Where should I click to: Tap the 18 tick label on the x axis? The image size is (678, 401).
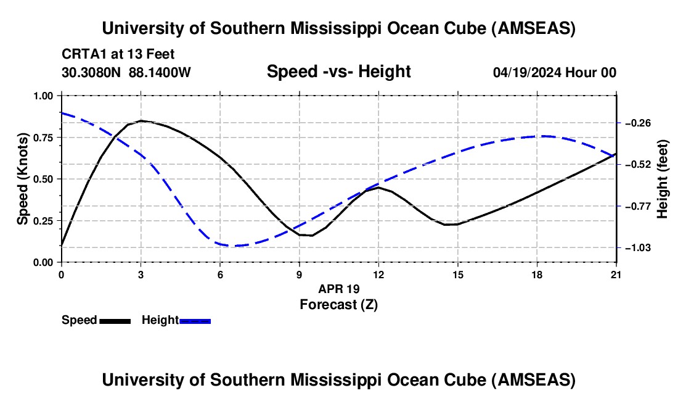(x=537, y=275)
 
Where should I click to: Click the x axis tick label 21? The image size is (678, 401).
(x=616, y=275)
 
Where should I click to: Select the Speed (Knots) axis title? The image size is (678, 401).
(x=23, y=179)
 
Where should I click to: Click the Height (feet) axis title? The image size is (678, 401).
(x=663, y=179)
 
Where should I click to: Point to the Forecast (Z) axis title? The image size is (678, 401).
(x=338, y=304)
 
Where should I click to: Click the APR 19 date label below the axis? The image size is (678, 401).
(x=338, y=289)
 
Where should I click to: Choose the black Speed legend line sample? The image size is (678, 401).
(x=114, y=320)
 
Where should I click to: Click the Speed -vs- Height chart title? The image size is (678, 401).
(x=338, y=72)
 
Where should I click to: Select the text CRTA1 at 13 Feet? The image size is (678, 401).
(x=122, y=54)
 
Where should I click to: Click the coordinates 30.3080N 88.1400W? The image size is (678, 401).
(x=126, y=72)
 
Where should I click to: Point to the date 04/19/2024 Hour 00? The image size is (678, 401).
(x=554, y=72)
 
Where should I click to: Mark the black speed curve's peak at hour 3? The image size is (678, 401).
(x=141, y=120)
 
